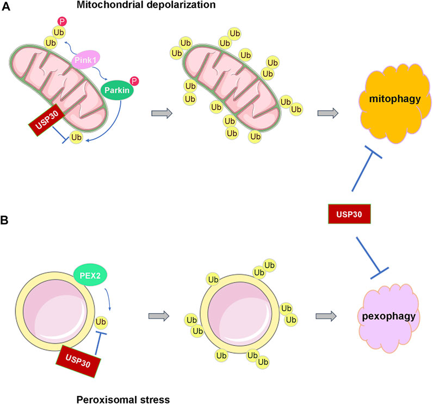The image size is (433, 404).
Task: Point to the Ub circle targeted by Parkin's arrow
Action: [77, 138]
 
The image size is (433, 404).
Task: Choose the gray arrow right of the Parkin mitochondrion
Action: [162, 113]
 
